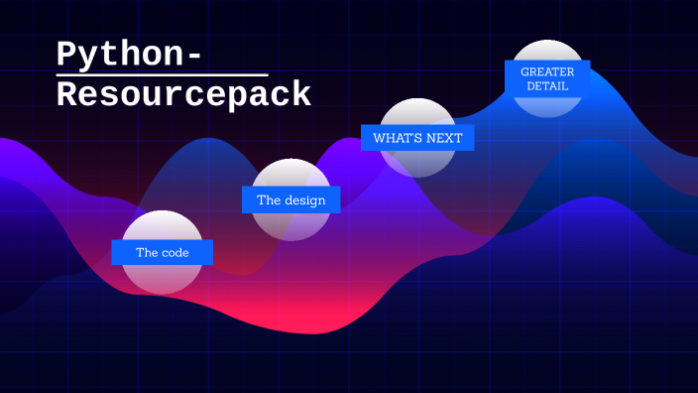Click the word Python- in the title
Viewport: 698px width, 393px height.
(129, 55)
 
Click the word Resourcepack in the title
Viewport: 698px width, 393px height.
(183, 95)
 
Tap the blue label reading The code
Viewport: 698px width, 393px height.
(163, 252)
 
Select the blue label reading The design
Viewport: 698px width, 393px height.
(291, 199)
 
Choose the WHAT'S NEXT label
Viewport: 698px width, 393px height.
(417, 138)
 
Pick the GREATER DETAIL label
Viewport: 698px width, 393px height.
(547, 78)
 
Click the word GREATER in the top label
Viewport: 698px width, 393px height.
(547, 71)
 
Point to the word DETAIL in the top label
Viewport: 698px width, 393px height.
(547, 86)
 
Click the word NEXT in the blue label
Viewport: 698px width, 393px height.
(444, 138)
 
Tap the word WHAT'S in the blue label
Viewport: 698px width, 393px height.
(397, 138)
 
